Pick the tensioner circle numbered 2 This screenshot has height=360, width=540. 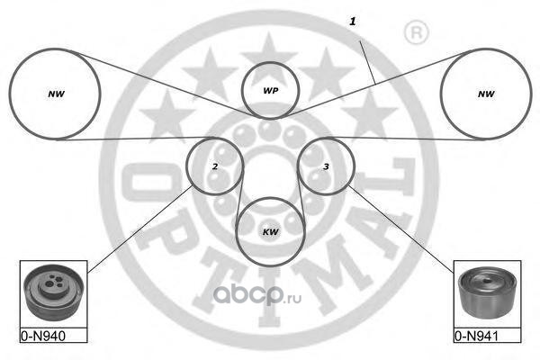(x=214, y=166)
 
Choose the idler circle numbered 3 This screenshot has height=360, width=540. (x=326, y=166)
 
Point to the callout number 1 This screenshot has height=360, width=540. (x=352, y=19)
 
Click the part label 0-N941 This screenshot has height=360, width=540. (x=475, y=337)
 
